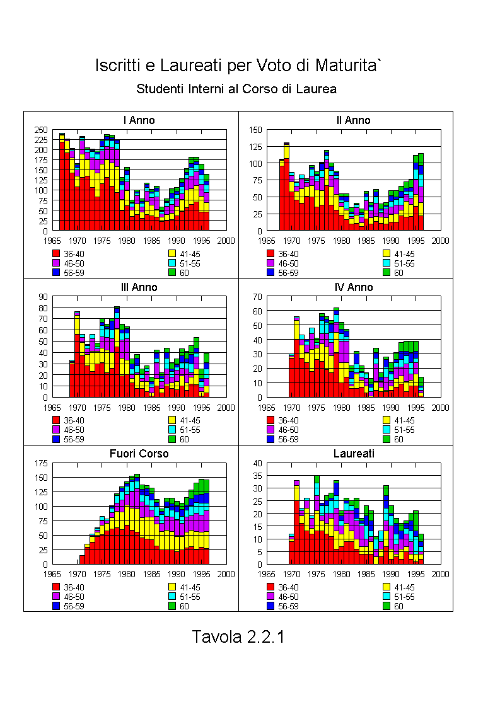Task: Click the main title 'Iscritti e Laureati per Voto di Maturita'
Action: pyautogui.click(x=238, y=66)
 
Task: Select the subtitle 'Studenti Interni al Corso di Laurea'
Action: pyautogui.click(x=236, y=89)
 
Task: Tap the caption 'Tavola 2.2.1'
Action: pyautogui.click(x=238, y=636)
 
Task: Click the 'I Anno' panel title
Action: pyautogui.click(x=139, y=120)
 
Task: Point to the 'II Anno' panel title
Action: pyautogui.click(x=353, y=120)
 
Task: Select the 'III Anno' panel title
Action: pyautogui.click(x=139, y=287)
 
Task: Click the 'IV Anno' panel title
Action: pyautogui.click(x=354, y=287)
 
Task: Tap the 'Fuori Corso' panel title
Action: pyautogui.click(x=139, y=454)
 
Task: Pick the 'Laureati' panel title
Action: pyautogui.click(x=354, y=454)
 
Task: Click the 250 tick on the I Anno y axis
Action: pyautogui.click(x=40, y=130)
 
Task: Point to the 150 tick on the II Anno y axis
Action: pyautogui.click(x=255, y=130)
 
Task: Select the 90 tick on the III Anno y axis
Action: pyautogui.click(x=43, y=297)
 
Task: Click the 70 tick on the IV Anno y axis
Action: pyautogui.click(x=258, y=297)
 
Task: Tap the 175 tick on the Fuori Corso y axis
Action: pyautogui.click(x=40, y=463)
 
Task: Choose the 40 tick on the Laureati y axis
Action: pyautogui.click(x=258, y=463)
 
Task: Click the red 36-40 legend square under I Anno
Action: pyautogui.click(x=56, y=254)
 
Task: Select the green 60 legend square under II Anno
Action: pyautogui.click(x=387, y=272)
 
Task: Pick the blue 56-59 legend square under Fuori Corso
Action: pyautogui.click(x=56, y=606)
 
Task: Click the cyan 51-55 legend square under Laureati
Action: pyautogui.click(x=387, y=597)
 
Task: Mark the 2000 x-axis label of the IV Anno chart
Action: pyautogui.click(x=441, y=408)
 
